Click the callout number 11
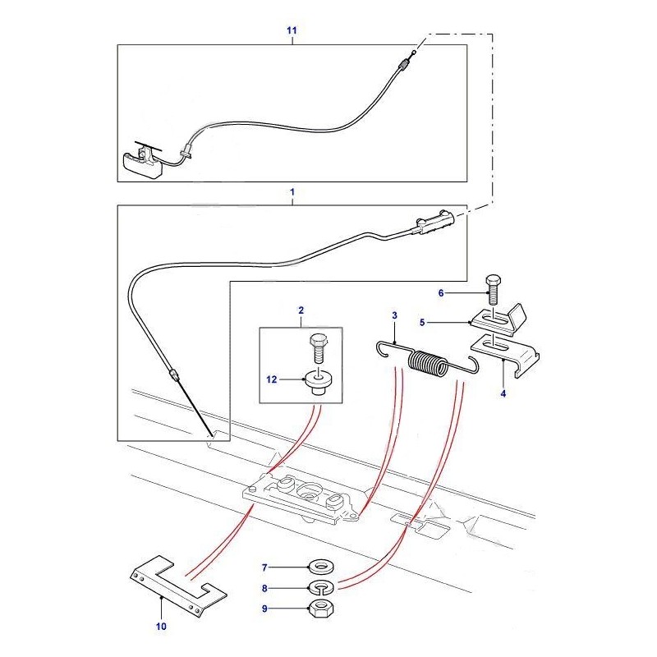[x=291, y=30]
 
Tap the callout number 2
[x=301, y=310]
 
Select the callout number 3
[x=394, y=315]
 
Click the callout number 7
[x=264, y=567]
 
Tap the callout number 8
[x=264, y=588]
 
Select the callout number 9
[x=264, y=609]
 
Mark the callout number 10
[x=161, y=627]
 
